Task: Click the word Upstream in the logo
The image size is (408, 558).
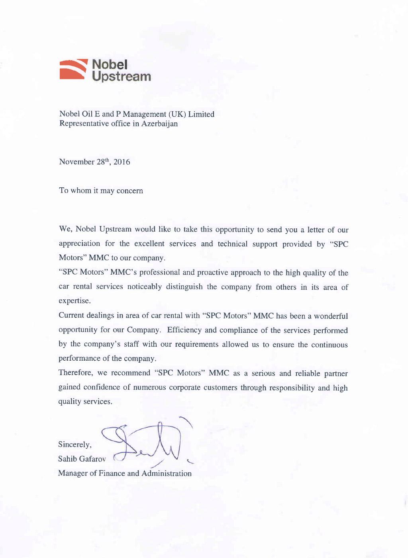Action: point(122,76)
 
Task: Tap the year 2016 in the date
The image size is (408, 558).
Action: point(122,162)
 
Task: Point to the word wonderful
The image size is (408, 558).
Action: point(331,316)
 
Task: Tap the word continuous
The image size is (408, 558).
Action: point(329,345)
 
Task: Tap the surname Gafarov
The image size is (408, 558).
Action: point(93,459)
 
